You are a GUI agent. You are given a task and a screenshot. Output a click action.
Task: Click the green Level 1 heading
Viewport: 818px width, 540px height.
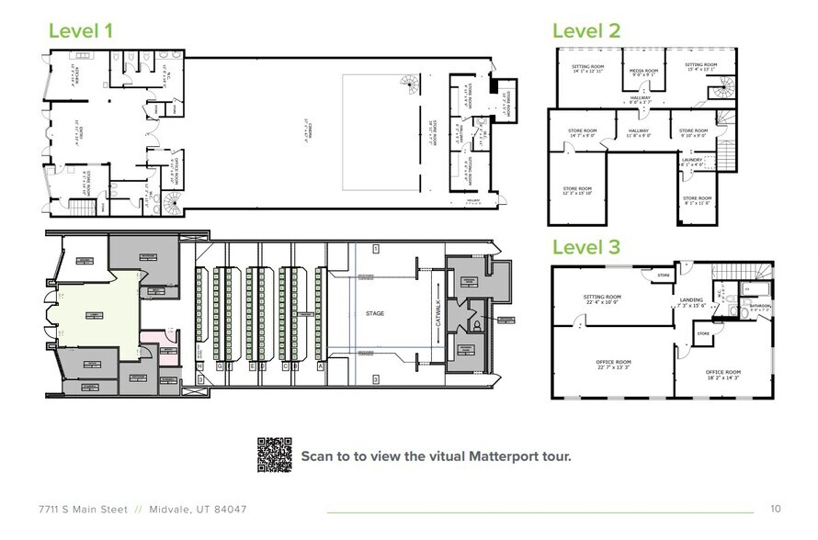(x=80, y=29)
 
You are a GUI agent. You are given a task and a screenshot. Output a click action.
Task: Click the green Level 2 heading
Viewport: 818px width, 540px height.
(x=586, y=29)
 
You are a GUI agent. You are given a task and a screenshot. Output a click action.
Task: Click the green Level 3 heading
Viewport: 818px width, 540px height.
(x=586, y=247)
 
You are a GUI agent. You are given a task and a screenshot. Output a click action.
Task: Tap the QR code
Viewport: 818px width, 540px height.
(x=273, y=455)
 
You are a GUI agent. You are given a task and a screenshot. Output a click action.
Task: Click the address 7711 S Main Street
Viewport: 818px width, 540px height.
(x=81, y=509)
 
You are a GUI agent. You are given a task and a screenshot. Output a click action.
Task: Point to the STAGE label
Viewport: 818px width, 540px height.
(x=374, y=314)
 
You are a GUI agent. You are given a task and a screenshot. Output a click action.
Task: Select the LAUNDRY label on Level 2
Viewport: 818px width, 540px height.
(x=692, y=161)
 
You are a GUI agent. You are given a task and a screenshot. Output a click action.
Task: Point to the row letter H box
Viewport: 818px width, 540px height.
(x=199, y=365)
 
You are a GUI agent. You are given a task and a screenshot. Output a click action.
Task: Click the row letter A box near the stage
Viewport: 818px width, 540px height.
(x=319, y=365)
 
